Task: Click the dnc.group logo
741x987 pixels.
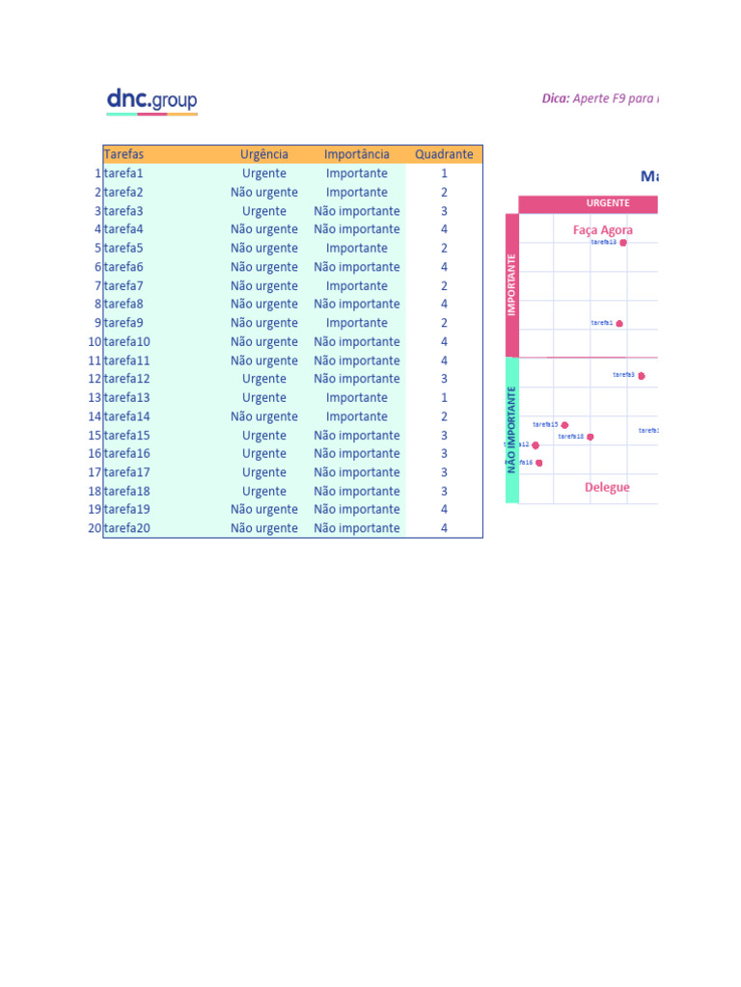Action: pyautogui.click(x=151, y=100)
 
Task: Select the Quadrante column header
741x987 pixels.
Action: pyautogui.click(x=444, y=154)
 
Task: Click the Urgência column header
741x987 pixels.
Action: pyautogui.click(x=264, y=154)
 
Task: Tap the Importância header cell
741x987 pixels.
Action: pyautogui.click(x=357, y=154)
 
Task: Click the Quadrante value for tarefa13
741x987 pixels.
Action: pyautogui.click(x=444, y=397)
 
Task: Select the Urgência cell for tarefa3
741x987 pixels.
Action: pyautogui.click(x=264, y=211)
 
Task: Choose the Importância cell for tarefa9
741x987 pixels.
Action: pyautogui.click(x=357, y=323)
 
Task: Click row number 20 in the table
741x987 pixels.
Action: pyautogui.click(x=95, y=528)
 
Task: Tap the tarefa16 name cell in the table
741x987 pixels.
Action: pyautogui.click(x=127, y=453)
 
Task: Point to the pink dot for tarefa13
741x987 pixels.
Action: pyautogui.click(x=623, y=243)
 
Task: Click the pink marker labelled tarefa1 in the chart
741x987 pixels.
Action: pyautogui.click(x=619, y=324)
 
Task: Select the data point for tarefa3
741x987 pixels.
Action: pyautogui.click(x=641, y=376)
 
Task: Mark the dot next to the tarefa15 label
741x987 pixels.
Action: pyautogui.click(x=564, y=425)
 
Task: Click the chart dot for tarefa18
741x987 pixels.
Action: pyautogui.click(x=590, y=438)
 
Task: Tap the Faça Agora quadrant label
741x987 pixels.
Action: pyautogui.click(x=603, y=230)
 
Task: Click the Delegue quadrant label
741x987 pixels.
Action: pyautogui.click(x=607, y=488)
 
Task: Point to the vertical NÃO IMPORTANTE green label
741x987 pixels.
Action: pyautogui.click(x=512, y=430)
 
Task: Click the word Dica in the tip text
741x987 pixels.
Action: pyautogui.click(x=554, y=98)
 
